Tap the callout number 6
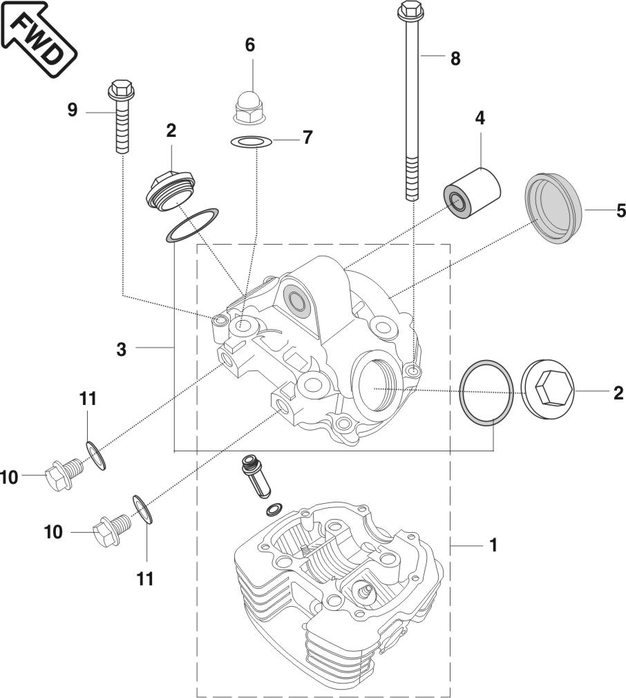pyautogui.click(x=250, y=45)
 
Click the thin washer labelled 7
pyautogui.click(x=250, y=142)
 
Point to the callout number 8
pyautogui.click(x=454, y=58)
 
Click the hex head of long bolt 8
pyautogui.click(x=410, y=10)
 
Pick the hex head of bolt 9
pyautogui.click(x=120, y=89)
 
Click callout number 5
pyautogui.click(x=620, y=210)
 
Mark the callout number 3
pyautogui.click(x=122, y=350)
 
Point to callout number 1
pyautogui.click(x=493, y=545)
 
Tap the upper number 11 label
pyautogui.click(x=87, y=399)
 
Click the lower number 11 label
pyautogui.click(x=145, y=578)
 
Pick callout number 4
pyautogui.click(x=479, y=117)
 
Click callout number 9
pyautogui.click(x=73, y=110)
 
